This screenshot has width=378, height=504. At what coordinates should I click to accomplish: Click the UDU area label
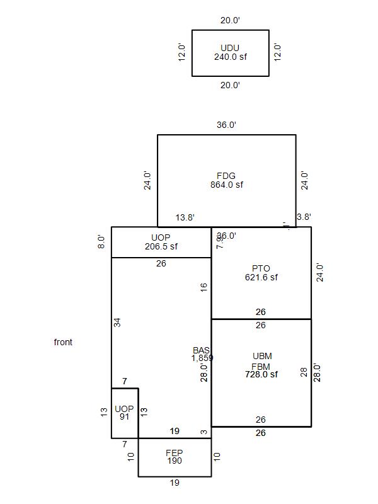(x=230, y=48)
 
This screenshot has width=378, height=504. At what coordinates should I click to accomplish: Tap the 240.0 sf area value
(x=230, y=57)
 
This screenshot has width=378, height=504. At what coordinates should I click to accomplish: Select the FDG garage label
(x=226, y=176)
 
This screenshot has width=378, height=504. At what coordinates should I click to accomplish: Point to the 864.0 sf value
(x=226, y=185)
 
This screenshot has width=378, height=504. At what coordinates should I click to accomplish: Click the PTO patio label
(x=261, y=268)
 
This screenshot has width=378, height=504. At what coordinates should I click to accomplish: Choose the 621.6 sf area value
(x=261, y=277)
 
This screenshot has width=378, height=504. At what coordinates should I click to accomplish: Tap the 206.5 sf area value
(x=161, y=246)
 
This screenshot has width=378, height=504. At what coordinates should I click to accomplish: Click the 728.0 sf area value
(x=261, y=374)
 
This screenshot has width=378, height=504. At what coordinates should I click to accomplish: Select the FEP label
(x=175, y=452)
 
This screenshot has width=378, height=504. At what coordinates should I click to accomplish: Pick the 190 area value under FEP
(x=175, y=461)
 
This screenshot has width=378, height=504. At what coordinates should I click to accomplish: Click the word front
(x=63, y=342)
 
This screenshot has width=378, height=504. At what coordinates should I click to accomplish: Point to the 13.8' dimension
(x=185, y=217)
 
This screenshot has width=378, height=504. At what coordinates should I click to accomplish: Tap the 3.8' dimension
(x=304, y=217)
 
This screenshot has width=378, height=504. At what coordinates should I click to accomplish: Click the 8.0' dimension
(x=101, y=242)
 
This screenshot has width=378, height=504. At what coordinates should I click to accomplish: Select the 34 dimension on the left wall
(x=117, y=322)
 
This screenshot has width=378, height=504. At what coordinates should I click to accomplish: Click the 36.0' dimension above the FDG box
(x=226, y=125)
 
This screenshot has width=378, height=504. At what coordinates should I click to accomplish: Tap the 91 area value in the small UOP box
(x=124, y=416)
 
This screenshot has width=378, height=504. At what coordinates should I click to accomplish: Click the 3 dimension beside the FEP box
(x=204, y=432)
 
